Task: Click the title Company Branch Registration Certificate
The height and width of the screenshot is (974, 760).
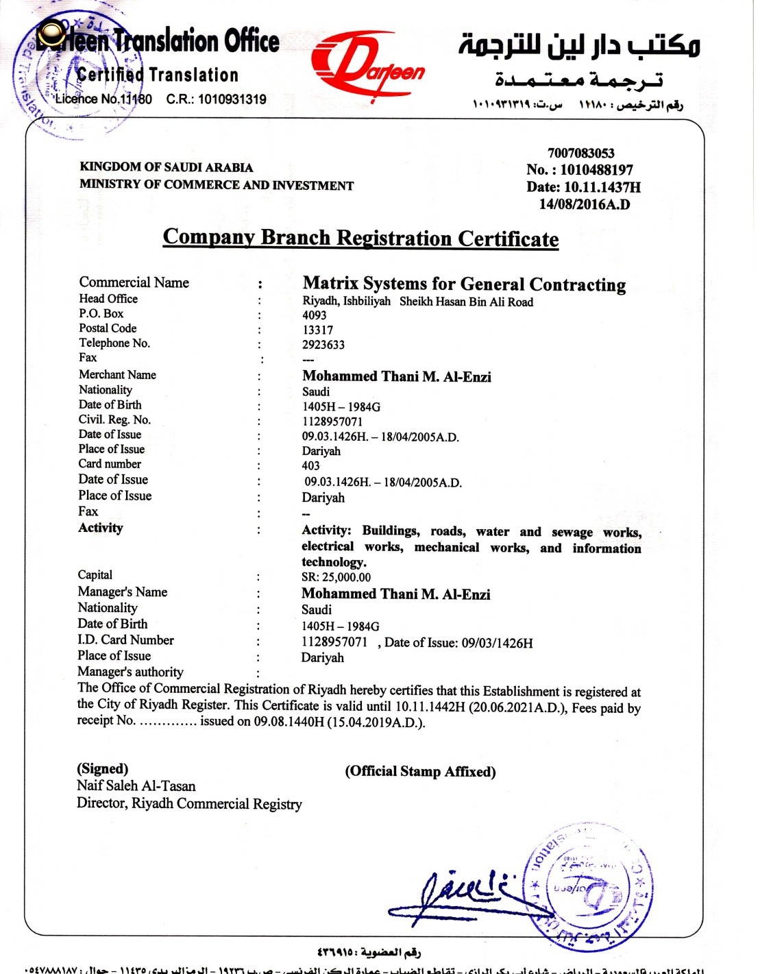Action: click(x=360, y=238)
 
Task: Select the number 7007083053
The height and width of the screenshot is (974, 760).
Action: click(x=580, y=153)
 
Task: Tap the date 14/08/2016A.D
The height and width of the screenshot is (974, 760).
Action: click(x=585, y=204)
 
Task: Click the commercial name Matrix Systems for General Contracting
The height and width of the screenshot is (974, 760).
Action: click(x=464, y=284)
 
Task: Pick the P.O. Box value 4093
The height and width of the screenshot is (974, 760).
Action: click(x=315, y=315)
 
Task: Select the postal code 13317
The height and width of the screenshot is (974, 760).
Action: click(x=317, y=330)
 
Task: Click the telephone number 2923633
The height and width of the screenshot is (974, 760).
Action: click(x=323, y=345)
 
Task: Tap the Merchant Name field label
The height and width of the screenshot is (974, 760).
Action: click(x=117, y=375)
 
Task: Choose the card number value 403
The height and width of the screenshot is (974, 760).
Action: click(x=310, y=466)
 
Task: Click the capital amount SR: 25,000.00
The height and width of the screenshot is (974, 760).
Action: click(x=336, y=578)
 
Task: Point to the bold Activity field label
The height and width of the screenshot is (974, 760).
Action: click(x=101, y=528)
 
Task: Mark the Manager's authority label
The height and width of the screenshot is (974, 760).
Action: click(x=130, y=672)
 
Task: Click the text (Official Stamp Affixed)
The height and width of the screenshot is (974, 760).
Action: click(x=420, y=772)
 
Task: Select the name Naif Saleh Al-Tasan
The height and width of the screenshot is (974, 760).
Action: click(x=136, y=786)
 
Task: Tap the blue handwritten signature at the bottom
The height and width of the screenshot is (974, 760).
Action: click(x=452, y=894)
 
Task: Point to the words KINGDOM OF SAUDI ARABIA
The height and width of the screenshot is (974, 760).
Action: click(x=166, y=167)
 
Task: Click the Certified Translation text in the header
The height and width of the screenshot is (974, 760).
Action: click(x=158, y=75)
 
